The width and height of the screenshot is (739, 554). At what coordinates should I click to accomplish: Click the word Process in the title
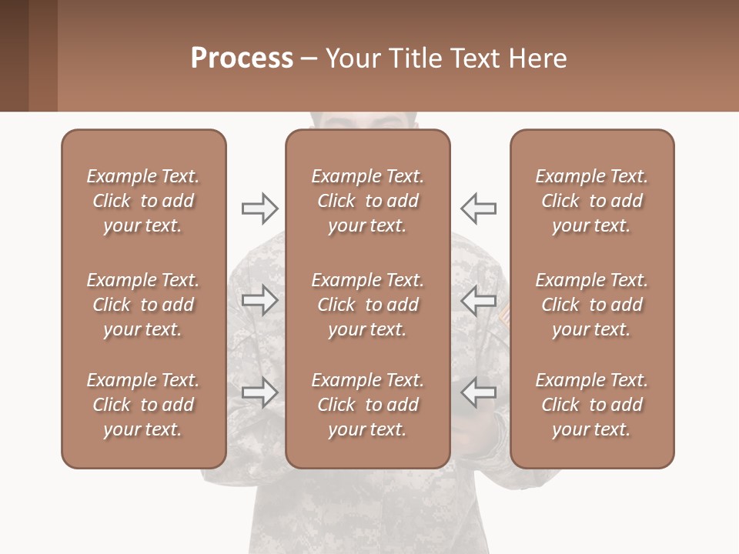point(242,58)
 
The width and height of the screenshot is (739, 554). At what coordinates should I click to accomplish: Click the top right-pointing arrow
point(259,208)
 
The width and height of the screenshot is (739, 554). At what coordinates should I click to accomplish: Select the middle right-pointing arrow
point(259,300)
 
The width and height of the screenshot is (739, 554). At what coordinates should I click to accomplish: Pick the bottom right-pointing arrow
point(259,392)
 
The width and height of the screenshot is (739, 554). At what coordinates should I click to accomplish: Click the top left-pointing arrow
point(478,208)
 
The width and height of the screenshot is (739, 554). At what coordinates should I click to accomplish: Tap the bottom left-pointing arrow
point(478,392)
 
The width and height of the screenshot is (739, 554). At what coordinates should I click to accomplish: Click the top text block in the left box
point(143,201)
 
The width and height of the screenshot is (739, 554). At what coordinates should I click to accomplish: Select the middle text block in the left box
point(143,305)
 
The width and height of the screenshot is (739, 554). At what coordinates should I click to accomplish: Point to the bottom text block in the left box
point(143,405)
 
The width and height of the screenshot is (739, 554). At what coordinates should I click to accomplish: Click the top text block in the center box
point(367,201)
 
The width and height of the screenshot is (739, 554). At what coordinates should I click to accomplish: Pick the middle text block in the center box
point(367,305)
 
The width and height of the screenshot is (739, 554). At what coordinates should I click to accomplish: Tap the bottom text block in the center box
point(367,405)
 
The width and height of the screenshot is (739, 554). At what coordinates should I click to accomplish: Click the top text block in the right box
point(591,201)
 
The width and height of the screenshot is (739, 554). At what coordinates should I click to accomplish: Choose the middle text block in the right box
point(591,305)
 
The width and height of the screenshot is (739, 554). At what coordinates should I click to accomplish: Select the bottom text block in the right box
point(591,405)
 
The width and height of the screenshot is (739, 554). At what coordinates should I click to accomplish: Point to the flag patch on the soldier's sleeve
point(504,313)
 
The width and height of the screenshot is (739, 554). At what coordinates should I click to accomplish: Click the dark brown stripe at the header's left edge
point(14,55)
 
